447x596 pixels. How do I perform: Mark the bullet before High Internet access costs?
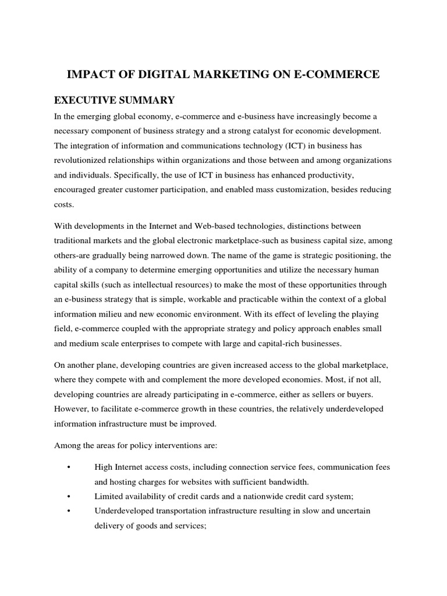click(x=69, y=467)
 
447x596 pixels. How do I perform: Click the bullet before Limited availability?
click(x=69, y=496)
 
